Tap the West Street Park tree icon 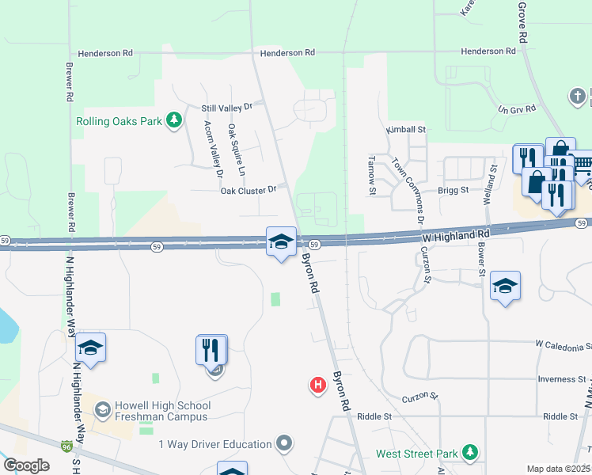[471, 452]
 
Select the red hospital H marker [317, 386]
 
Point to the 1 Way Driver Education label [215, 444]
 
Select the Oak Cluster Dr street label [249, 190]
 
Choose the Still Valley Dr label [226, 106]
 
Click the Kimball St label [406, 129]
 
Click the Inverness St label [560, 379]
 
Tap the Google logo [26, 465]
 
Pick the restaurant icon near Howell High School [211, 349]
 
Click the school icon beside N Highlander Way [90, 348]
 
